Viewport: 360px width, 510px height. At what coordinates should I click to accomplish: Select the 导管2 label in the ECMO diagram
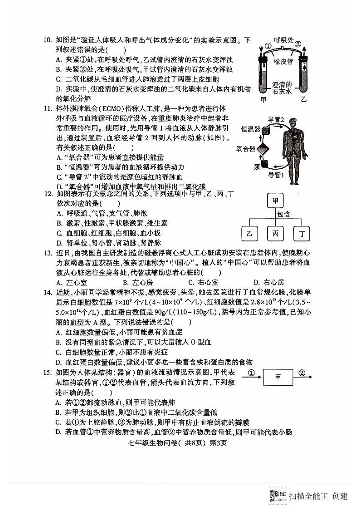pos(276,119)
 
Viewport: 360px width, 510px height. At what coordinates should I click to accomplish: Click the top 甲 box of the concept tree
pos(275,201)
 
